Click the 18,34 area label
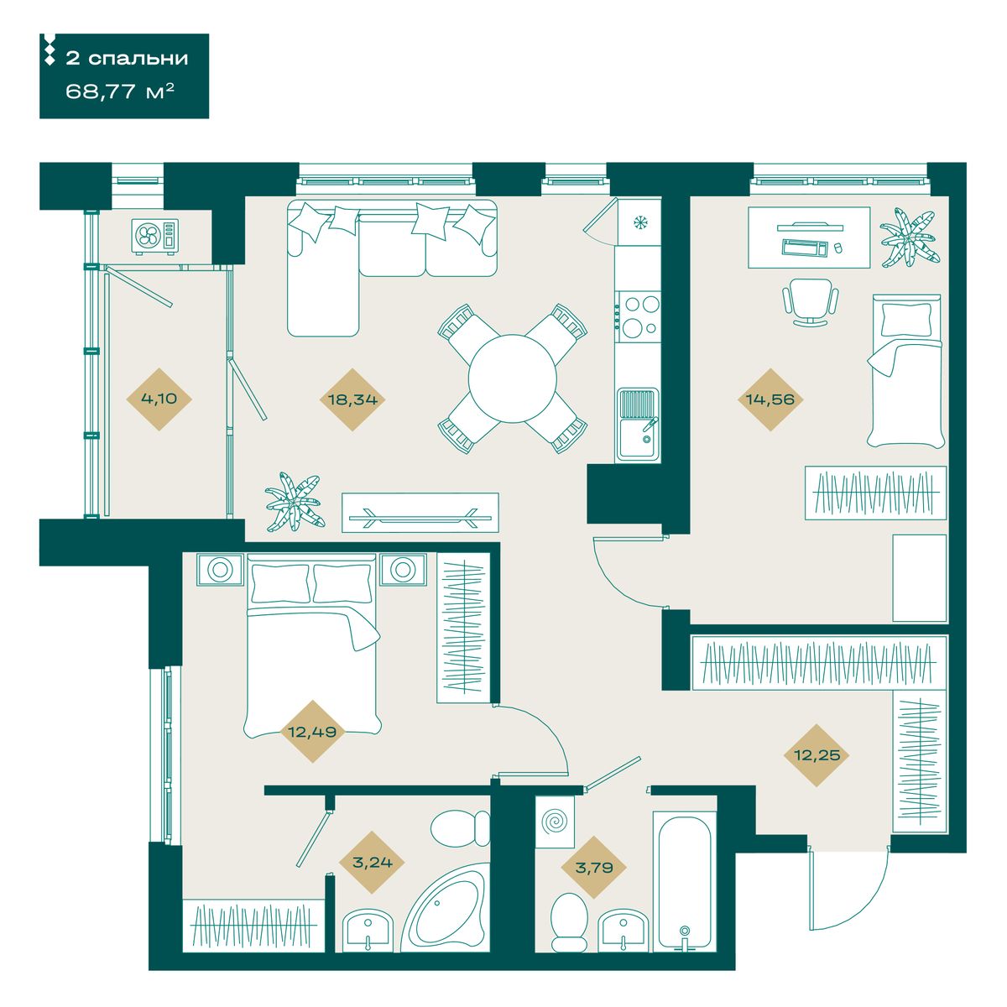click(352, 399)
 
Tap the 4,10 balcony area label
click(159, 399)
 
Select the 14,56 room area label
click(770, 399)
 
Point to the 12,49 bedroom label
click(312, 732)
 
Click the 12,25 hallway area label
click(817, 755)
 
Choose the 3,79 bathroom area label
click(593, 868)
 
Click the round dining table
click(512, 378)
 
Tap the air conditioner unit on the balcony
click(155, 236)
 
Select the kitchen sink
click(637, 424)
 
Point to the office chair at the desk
click(810, 301)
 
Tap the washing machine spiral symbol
click(555, 822)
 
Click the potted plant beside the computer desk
click(909, 237)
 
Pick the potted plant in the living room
click(295, 502)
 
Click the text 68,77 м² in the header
click(120, 92)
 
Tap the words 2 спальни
click(127, 58)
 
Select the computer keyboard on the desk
click(806, 247)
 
